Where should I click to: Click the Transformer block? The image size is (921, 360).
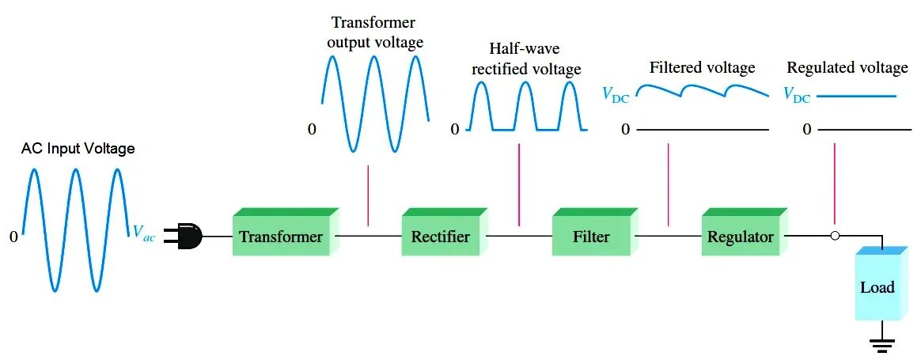coord(281,237)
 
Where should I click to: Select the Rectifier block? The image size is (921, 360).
coord(441,237)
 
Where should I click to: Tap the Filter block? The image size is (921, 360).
coord(591,237)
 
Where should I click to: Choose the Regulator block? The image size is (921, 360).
coord(741,237)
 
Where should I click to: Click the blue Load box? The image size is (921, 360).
coord(877,286)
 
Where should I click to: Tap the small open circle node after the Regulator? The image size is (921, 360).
coord(835,236)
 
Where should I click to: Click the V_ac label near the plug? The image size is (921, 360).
coord(144,233)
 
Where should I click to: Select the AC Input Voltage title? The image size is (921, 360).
coord(78,149)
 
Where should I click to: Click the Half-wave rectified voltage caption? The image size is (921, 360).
coord(526,59)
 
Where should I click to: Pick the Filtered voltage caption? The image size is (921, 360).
coord(702,68)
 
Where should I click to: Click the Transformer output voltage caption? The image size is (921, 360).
coord(374,32)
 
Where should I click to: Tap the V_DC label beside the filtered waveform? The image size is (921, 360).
coord(616,96)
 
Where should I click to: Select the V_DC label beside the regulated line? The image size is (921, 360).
coord(797,96)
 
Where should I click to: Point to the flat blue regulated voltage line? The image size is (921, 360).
coord(856,96)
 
